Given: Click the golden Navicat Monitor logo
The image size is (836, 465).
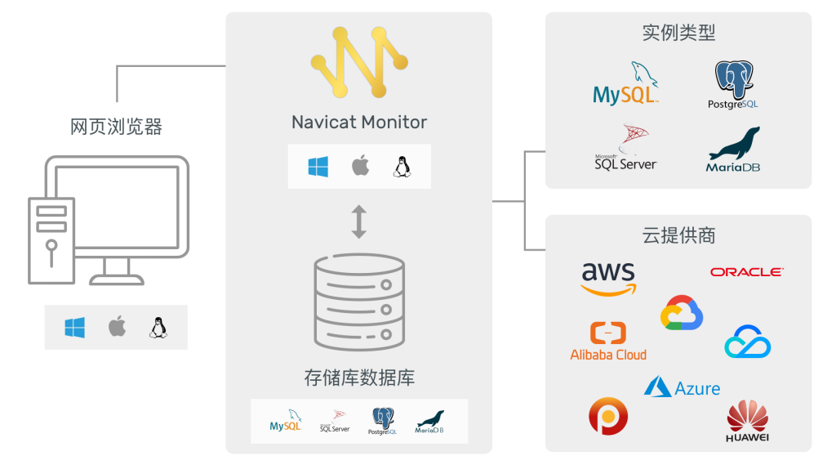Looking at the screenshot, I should tap(359, 62).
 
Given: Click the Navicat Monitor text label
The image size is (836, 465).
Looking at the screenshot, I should tap(359, 123).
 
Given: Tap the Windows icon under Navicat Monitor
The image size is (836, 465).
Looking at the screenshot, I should tap(318, 167).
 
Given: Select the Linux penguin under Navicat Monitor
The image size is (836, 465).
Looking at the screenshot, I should tap(402, 167).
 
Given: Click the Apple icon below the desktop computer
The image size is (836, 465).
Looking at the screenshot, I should tap(117, 328).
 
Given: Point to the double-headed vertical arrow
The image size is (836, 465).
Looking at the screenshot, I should tap(359, 222).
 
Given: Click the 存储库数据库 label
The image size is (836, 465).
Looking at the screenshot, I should tap(359, 378).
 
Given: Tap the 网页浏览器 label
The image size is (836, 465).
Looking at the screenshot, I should tap(116, 127).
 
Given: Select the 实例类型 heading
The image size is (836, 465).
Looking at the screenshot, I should tap(678, 33).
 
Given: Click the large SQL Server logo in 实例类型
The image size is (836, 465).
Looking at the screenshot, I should tap(626, 148).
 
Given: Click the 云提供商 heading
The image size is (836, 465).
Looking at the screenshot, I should tap(678, 235).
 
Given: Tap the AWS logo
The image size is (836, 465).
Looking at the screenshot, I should tap(609, 278).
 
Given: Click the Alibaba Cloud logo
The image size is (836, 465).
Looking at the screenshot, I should tap(608, 342).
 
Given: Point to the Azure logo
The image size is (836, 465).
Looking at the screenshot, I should tap(682, 387).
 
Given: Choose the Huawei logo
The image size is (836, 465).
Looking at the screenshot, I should tap(748, 422).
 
